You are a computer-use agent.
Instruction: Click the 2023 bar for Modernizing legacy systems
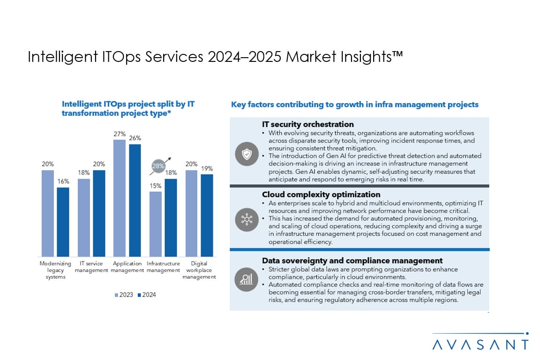pos(48,213)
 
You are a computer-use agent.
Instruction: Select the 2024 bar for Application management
pos(135,200)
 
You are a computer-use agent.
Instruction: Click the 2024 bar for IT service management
pos(99,213)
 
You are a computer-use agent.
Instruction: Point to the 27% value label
pos(120,134)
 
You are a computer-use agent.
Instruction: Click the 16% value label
pos(63,181)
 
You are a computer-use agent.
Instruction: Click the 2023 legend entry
pos(124,295)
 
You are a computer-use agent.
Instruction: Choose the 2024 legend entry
pos(147,295)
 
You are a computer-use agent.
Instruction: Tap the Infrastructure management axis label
pos(163,267)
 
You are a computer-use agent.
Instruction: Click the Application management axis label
pos(127,267)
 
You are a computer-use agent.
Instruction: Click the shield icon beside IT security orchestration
pos(246,154)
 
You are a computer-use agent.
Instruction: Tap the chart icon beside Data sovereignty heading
pos(246,279)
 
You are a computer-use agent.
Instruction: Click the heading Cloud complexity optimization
pos(321,194)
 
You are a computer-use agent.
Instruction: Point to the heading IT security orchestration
pos(307,124)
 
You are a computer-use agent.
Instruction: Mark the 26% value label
pos(135,138)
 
